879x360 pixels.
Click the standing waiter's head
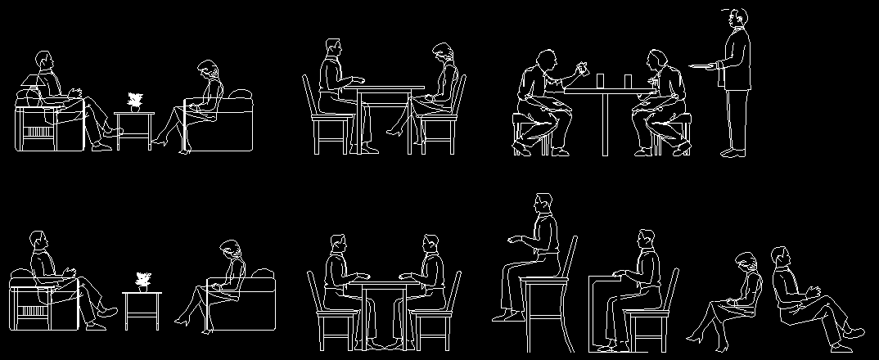(738, 17)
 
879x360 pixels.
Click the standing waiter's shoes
(732, 151)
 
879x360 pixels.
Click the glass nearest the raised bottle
(601, 80)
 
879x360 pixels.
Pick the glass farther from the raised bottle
(628, 80)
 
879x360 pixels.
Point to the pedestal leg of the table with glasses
(606, 123)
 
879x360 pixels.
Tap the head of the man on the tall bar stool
(543, 204)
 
